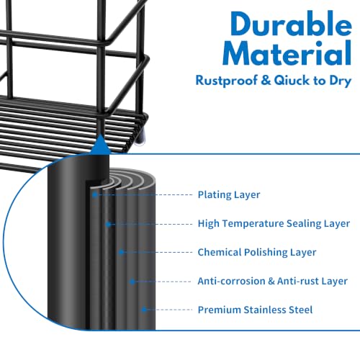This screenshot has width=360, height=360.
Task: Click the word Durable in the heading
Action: (291, 24)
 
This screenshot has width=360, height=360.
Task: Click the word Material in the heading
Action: (287, 53)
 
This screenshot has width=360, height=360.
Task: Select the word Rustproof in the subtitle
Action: (227, 81)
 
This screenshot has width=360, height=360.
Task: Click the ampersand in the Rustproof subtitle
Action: (266, 80)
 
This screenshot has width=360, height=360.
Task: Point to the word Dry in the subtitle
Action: (341, 81)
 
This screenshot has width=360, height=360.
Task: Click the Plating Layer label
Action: (229, 194)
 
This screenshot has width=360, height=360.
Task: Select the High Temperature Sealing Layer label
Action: (274, 223)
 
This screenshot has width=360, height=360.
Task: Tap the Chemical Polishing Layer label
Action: (257, 252)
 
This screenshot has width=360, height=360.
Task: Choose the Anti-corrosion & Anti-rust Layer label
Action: (272, 281)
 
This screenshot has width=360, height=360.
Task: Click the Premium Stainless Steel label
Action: (255, 310)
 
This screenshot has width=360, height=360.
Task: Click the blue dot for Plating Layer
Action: (95, 194)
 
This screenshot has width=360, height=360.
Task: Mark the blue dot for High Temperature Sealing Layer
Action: (108, 225)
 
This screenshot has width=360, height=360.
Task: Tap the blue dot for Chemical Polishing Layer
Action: (121, 252)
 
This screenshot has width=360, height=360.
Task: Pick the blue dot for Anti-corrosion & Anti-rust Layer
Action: (132, 282)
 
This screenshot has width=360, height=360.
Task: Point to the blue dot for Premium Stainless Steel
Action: (144, 310)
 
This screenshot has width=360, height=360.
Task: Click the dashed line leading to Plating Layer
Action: (145, 194)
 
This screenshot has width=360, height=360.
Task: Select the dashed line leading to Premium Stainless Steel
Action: (169, 310)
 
